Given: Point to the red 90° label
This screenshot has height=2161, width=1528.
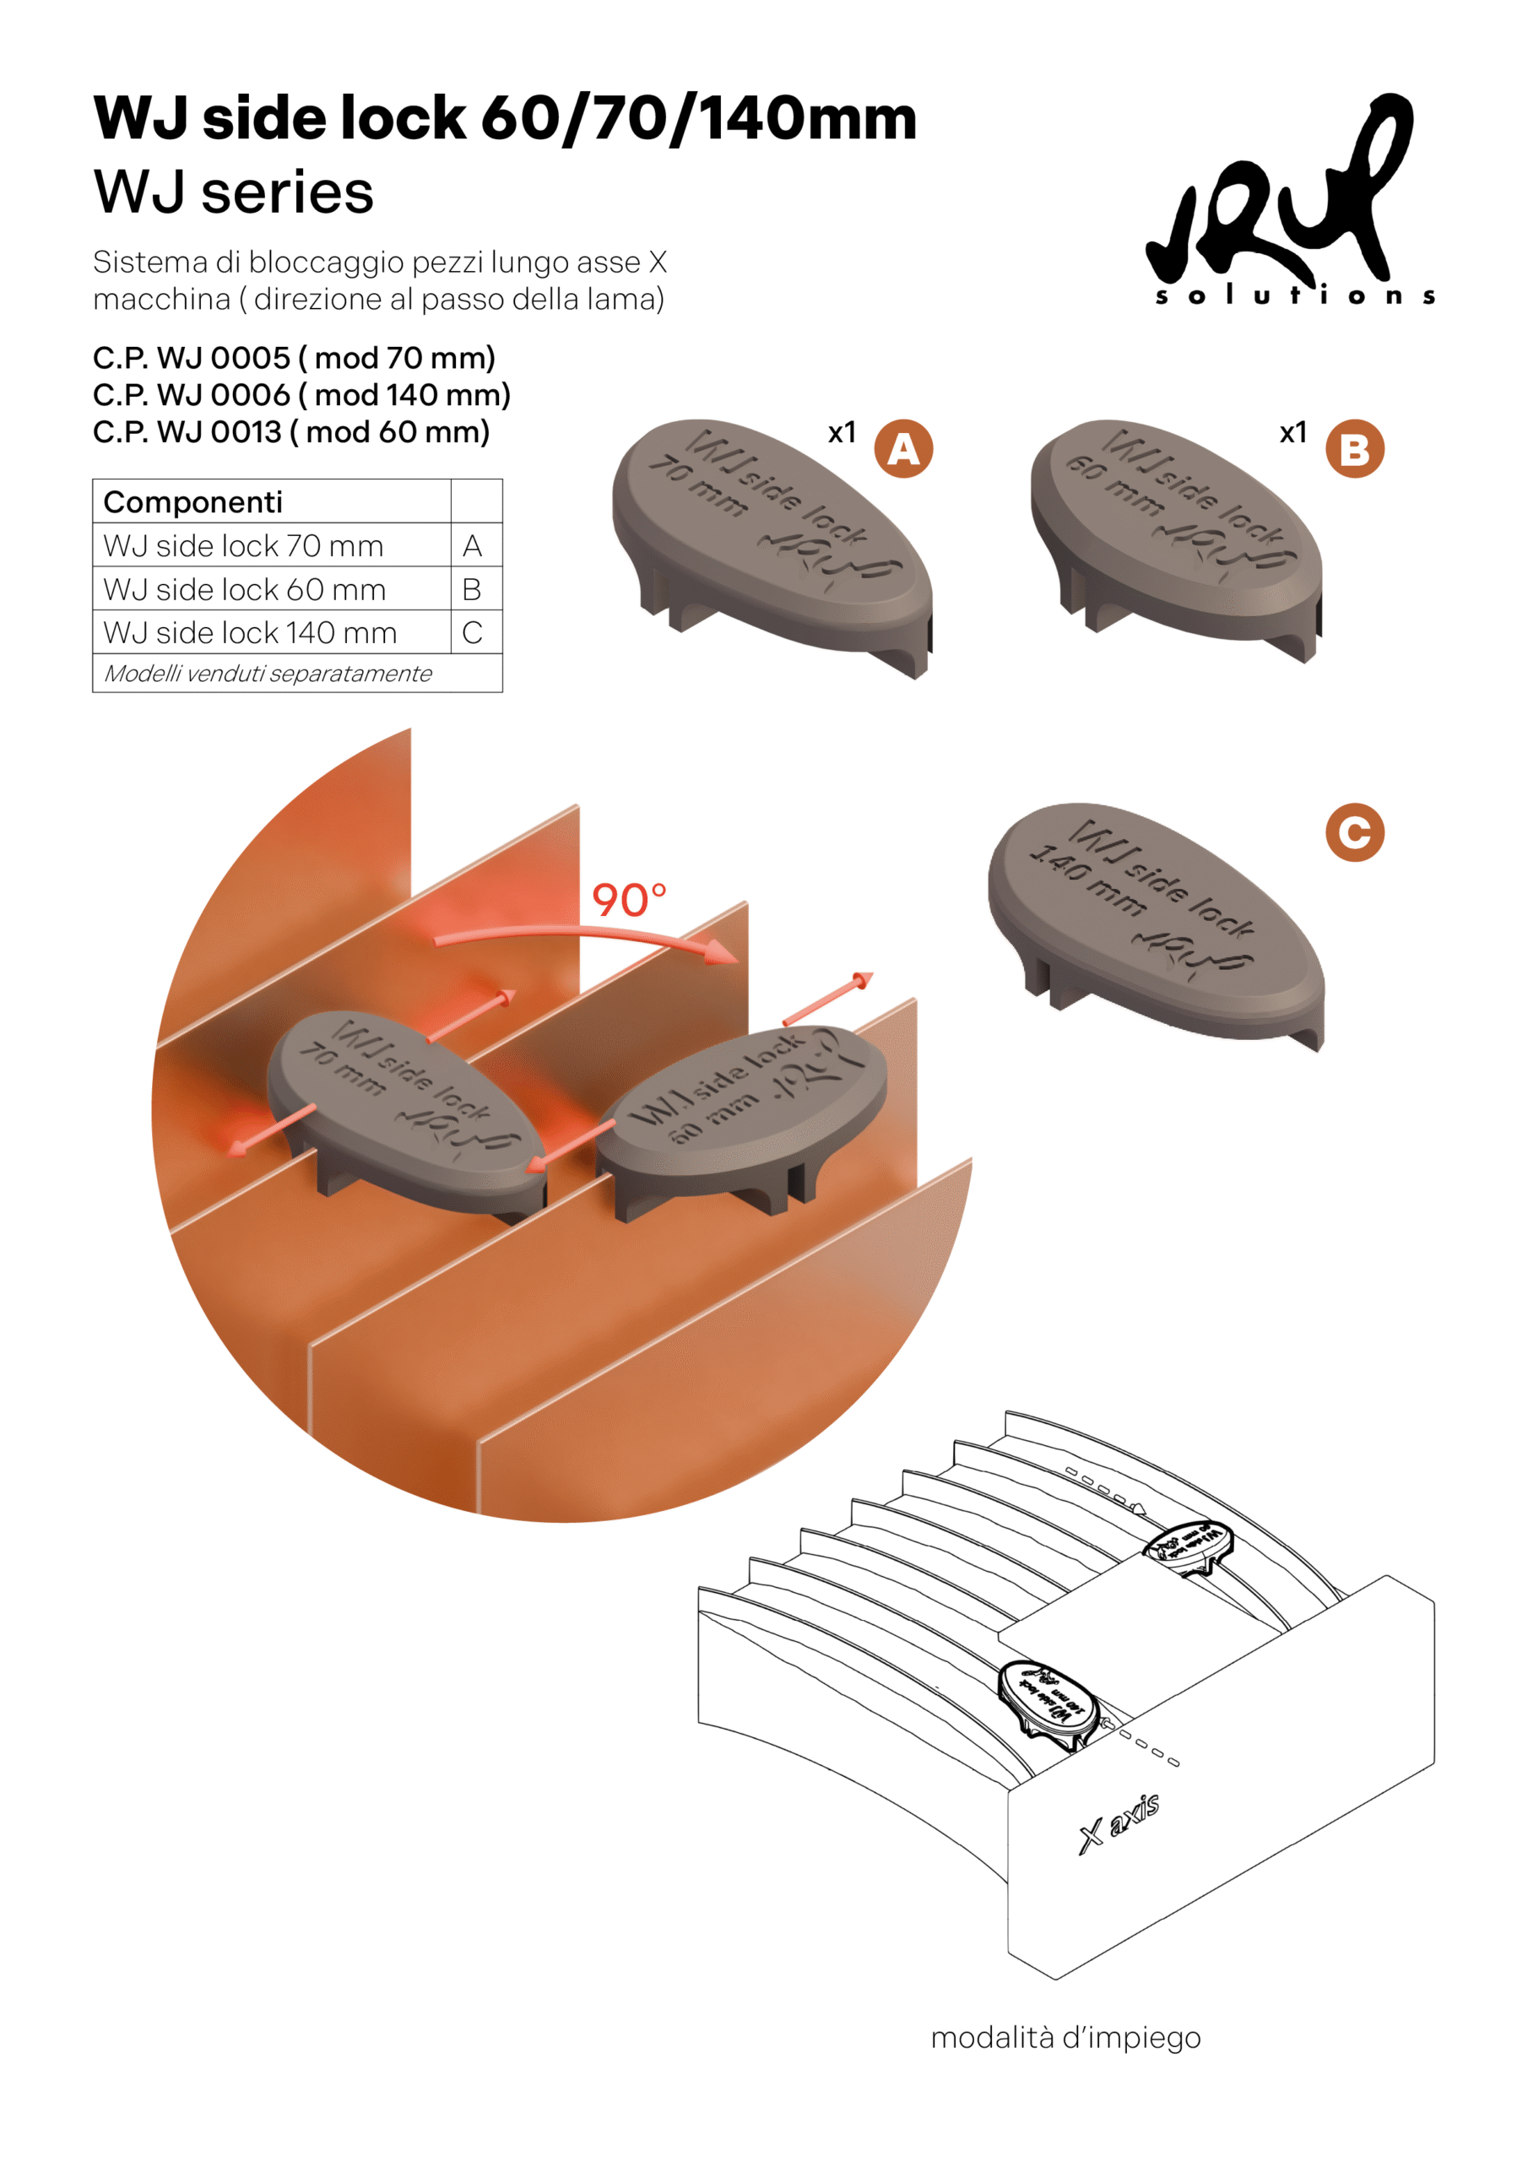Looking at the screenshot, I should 628,900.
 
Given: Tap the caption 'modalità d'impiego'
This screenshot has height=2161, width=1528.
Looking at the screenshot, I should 1065,2037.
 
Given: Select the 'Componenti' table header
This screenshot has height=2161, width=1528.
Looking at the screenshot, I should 193,501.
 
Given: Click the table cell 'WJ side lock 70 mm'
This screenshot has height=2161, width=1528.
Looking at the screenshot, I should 243,546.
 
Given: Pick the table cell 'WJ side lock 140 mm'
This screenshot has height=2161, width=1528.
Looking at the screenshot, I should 250,632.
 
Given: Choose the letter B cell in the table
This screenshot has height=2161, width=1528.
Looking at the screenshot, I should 472,589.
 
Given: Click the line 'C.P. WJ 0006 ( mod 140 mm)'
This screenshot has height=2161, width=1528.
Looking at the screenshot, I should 301,394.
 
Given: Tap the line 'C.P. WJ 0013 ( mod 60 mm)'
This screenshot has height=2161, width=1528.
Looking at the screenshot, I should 291,432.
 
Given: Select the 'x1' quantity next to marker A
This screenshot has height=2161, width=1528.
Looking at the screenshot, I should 842,432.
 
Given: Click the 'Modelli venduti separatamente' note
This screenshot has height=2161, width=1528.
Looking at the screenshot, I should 268,674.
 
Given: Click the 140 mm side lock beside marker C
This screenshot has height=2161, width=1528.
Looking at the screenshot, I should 1155,923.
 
